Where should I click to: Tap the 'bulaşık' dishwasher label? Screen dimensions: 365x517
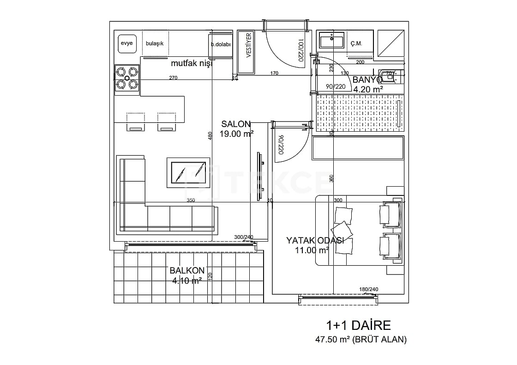coord(155,43)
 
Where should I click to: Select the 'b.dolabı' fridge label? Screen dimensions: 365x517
coord(221,44)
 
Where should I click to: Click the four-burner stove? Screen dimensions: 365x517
coord(127,78)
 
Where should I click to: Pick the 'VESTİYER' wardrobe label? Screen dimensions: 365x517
coord(248,46)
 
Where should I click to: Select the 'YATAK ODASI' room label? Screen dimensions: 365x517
coord(315,241)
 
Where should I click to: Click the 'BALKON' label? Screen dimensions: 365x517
coord(187,271)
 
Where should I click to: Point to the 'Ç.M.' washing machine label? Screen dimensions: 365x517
coord(356,44)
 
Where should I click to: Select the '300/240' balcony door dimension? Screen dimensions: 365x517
coord(244,237)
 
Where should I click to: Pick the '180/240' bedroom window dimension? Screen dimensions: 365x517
coord(368,290)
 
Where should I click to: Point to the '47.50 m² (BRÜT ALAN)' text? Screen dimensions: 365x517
coord(361,340)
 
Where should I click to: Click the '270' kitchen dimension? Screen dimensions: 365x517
coord(173,78)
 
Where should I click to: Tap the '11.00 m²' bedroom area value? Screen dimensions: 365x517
coord(312,250)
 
